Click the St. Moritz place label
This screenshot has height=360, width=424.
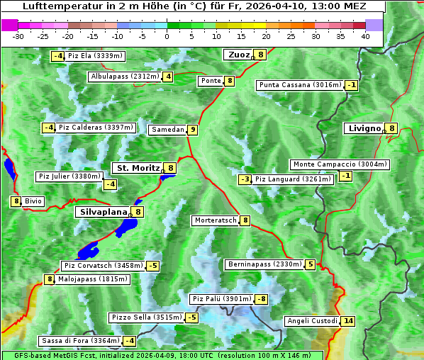tap(138, 168)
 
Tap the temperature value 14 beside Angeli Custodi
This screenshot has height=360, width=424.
tap(347, 321)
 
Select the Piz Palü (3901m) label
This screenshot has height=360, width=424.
tap(222, 299)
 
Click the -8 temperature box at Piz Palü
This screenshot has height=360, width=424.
tap(261, 299)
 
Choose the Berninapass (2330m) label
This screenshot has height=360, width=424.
tap(264, 264)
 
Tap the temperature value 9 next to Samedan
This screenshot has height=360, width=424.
tap(192, 130)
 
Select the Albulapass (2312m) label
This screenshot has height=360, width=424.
tap(124, 77)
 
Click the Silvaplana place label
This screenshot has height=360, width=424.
tap(103, 211)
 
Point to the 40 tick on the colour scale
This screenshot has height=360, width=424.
tap(365, 36)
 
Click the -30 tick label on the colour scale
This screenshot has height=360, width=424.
tap(18, 36)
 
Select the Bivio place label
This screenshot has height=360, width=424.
tap(33, 201)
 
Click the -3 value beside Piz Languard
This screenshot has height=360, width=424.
tap(245, 179)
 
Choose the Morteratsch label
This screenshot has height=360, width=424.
tap(216, 220)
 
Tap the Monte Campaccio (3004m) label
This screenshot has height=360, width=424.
tap(340, 164)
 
